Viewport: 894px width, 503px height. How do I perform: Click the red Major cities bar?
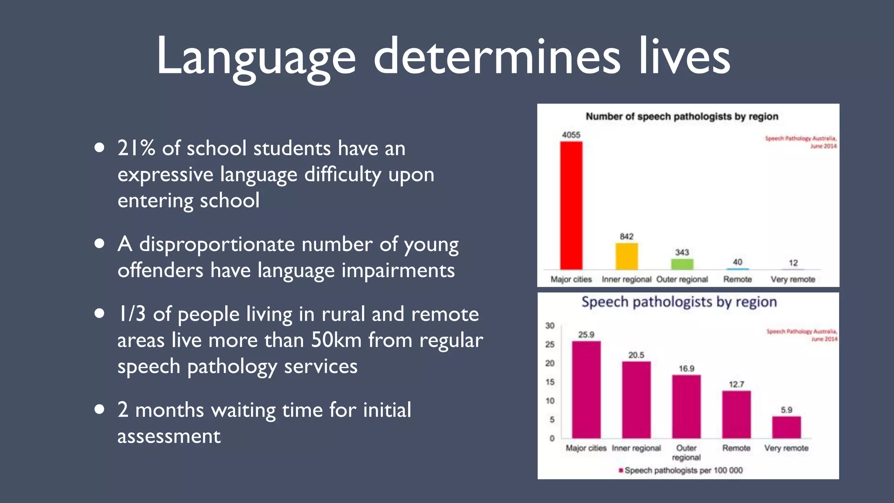[571, 205]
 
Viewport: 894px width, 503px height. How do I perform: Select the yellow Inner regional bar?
[626, 256]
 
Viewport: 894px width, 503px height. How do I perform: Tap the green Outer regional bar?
[682, 264]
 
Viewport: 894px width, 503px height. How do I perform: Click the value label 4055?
[571, 135]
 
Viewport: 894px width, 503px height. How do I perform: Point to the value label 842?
[626, 236]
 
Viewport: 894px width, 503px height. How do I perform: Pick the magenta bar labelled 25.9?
[586, 389]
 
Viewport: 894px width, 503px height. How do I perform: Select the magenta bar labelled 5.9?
[786, 427]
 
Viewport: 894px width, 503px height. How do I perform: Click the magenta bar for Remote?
[736, 414]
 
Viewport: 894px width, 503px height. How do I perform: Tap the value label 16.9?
[686, 369]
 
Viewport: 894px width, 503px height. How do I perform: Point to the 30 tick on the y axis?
[550, 326]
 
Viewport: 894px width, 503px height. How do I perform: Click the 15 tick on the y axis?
[550, 382]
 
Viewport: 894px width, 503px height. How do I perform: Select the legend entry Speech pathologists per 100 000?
[683, 470]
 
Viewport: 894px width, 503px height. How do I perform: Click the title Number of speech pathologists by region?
[682, 117]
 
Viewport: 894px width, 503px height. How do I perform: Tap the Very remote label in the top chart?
[793, 279]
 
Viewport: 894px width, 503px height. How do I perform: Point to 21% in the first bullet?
[136, 148]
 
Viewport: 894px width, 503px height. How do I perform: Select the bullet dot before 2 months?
[100, 409]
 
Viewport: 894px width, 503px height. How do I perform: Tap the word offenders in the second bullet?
[160, 270]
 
